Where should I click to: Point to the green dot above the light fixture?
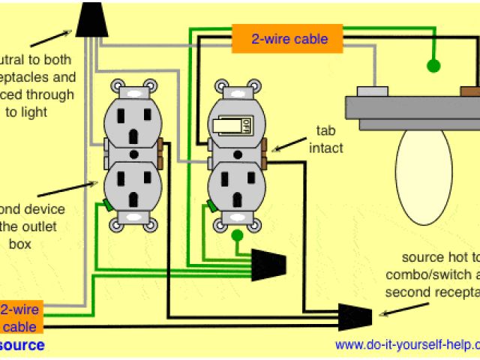point(433,66)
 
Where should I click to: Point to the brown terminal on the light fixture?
point(470,92)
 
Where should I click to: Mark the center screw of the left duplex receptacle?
point(133,154)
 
